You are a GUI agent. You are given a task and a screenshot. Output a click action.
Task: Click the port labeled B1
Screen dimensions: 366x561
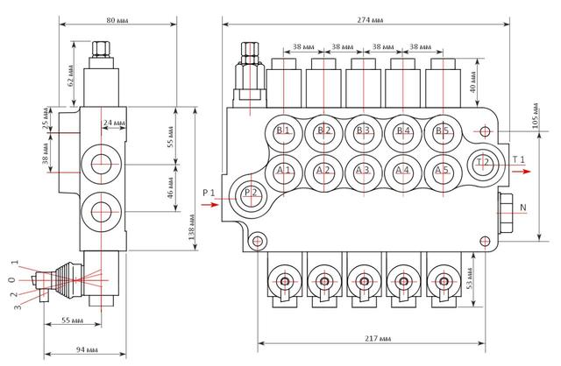[283, 131]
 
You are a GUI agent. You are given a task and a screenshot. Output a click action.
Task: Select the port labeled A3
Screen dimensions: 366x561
[363, 169]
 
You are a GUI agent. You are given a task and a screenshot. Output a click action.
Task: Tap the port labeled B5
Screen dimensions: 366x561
[442, 131]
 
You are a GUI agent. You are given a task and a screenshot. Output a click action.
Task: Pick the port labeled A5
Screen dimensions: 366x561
[442, 169]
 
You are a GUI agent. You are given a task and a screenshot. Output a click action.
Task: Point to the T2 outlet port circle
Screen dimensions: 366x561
[481, 163]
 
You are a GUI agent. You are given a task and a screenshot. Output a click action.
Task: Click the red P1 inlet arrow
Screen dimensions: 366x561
[213, 207]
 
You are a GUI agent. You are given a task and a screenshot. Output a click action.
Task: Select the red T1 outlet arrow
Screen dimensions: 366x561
[518, 172]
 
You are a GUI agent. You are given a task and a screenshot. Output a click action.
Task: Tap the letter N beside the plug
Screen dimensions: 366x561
[523, 208]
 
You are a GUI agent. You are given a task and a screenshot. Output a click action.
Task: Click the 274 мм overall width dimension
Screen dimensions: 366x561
[365, 18]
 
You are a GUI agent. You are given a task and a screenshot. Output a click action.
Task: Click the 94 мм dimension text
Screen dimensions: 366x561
[86, 350]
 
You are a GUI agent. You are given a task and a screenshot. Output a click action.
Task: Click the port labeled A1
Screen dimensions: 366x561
[283, 169]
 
